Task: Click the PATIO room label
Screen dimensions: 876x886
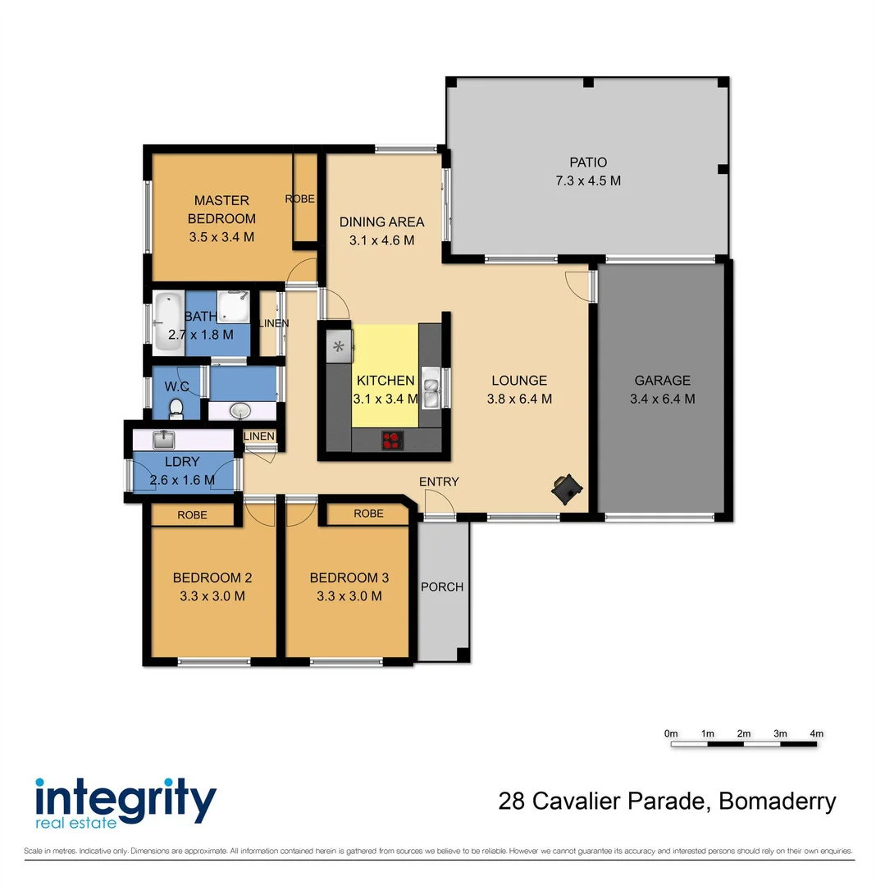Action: [x=588, y=162]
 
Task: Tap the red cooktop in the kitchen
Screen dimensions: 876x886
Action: [x=393, y=441]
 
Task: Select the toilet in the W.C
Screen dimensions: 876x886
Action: [x=176, y=409]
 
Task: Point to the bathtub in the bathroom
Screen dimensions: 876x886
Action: [x=168, y=322]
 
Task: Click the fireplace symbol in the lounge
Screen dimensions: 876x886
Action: [x=567, y=489]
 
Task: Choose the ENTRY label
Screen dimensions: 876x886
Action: [x=439, y=482]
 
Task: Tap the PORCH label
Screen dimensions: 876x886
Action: [x=441, y=587]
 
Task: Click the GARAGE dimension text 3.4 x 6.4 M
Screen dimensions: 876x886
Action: [x=663, y=399]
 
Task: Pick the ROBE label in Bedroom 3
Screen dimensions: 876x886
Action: [x=368, y=514]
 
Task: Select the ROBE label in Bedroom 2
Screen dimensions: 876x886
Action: [x=192, y=514]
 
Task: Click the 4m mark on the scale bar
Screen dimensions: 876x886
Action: [x=817, y=744]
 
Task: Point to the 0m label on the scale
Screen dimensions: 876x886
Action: [x=671, y=733]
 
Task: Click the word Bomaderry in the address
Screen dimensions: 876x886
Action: [x=777, y=802]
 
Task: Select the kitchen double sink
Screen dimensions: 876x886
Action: [x=431, y=387]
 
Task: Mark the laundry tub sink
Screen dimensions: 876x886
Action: [x=163, y=440]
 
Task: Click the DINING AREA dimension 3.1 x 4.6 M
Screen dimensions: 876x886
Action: [x=381, y=240]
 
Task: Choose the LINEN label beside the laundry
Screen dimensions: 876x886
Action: [x=258, y=436]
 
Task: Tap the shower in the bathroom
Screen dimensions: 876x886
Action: [x=233, y=307]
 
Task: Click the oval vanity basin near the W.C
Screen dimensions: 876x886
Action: [x=240, y=410]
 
